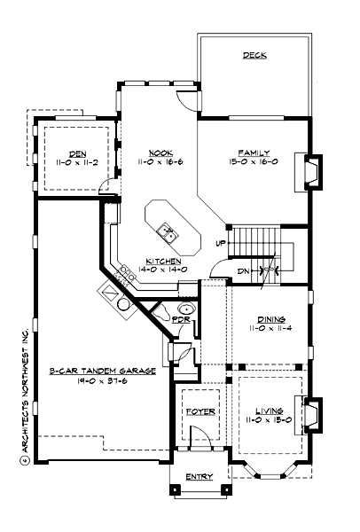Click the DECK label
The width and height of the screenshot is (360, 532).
coord(255,55)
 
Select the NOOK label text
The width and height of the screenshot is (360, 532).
coord(160,153)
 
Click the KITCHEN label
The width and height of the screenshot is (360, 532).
coord(163,261)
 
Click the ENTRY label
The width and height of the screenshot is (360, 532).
coord(199,477)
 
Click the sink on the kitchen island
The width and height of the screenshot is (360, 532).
coord(168,233)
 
